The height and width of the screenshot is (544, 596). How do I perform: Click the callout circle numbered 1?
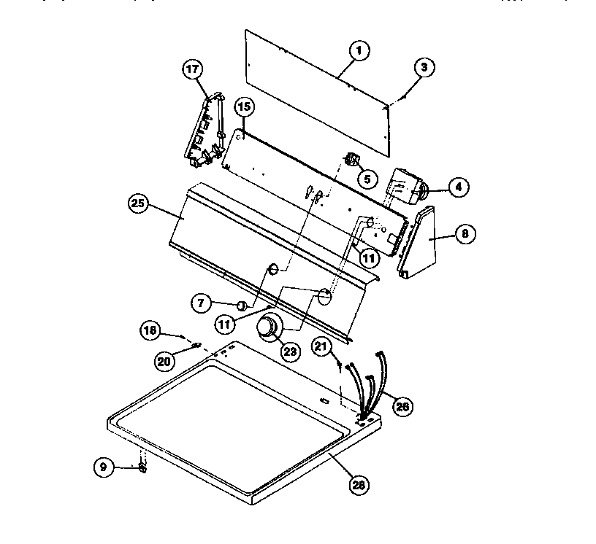[359, 51]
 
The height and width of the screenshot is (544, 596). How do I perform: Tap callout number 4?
[457, 187]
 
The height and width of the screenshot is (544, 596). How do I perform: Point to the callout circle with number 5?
[367, 176]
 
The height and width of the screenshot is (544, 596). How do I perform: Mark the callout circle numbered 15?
[244, 107]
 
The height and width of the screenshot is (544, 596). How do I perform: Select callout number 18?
[150, 330]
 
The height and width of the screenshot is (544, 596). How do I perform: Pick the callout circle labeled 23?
[290, 351]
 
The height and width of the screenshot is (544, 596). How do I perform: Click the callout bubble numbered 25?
[138, 205]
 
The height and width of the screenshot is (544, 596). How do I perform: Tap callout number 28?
[359, 483]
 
